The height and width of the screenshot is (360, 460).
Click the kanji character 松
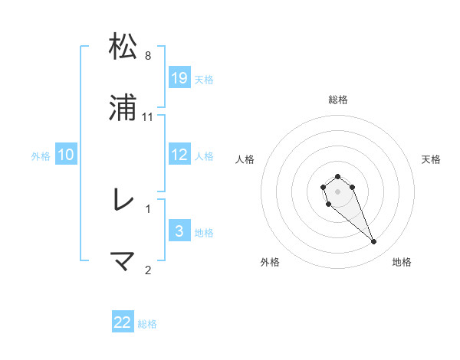click(123, 47)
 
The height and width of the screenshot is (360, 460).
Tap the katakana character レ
click(123, 201)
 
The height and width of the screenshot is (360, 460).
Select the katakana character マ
click(123, 261)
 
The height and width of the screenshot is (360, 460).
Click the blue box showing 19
click(179, 77)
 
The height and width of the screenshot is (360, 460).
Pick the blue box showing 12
click(179, 155)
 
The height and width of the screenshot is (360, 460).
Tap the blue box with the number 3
click(179, 231)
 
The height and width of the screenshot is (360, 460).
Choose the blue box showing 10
click(66, 155)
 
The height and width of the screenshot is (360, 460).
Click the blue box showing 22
click(123, 322)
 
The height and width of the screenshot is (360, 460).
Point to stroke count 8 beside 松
click(148, 56)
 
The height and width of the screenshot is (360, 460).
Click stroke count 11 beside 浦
click(148, 117)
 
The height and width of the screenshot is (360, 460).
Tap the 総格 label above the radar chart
click(338, 100)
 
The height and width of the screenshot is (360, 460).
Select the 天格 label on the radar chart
click(431, 159)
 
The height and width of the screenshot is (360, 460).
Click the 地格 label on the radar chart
click(402, 262)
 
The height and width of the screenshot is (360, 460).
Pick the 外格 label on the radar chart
click(270, 262)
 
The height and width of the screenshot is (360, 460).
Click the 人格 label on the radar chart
click(245, 159)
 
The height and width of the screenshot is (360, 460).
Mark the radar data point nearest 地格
click(374, 242)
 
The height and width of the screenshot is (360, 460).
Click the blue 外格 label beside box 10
click(41, 155)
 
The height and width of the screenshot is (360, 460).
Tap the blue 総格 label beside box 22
click(147, 324)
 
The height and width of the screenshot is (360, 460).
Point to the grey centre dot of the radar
click(337, 190)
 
